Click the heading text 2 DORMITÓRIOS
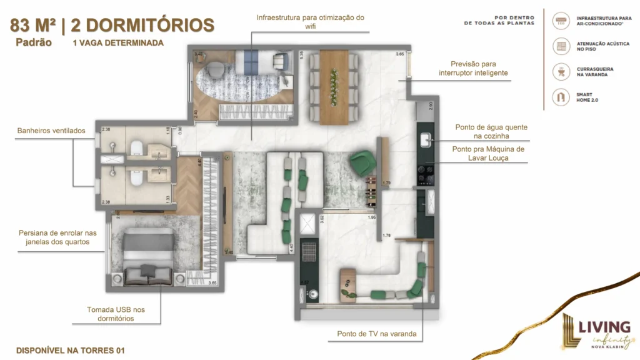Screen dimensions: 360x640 (142, 25)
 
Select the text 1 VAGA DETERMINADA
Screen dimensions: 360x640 (118, 43)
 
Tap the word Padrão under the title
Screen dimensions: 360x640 (34, 43)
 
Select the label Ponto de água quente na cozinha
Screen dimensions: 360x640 (491, 131)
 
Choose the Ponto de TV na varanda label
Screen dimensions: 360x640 (376, 334)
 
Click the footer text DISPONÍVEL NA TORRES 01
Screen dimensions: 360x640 (71, 350)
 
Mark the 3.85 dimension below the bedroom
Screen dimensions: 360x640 (212, 283)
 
